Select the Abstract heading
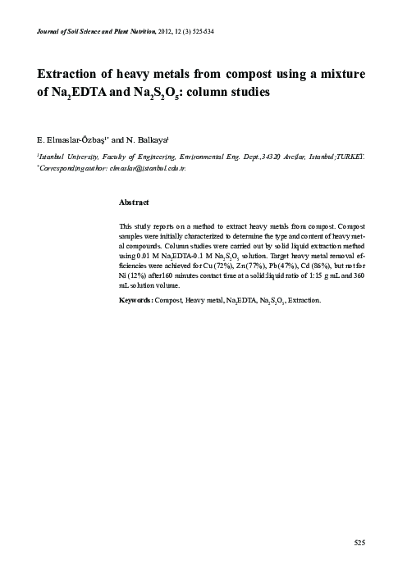134,202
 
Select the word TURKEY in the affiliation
350,154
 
